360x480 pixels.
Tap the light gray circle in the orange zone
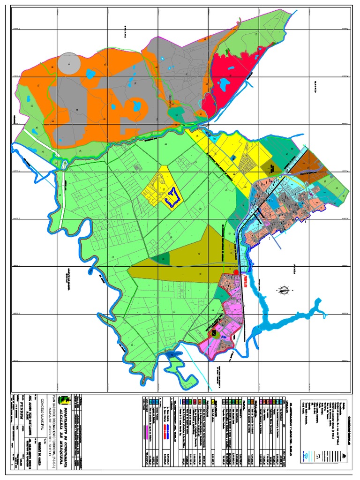click(69, 63)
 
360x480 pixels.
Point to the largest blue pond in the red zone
click(224, 84)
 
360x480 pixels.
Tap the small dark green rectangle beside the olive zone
click(164, 259)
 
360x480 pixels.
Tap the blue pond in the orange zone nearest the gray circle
click(90, 74)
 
